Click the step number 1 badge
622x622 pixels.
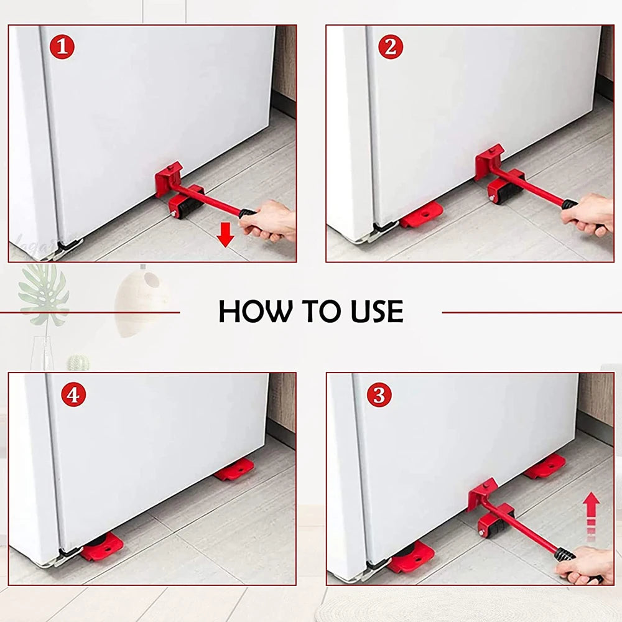point(63,47)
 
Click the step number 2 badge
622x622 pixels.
point(390,47)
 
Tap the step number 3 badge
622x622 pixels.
point(379,396)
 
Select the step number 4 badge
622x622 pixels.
point(73,396)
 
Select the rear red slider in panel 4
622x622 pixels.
point(235,469)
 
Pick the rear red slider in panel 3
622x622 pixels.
point(545,466)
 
